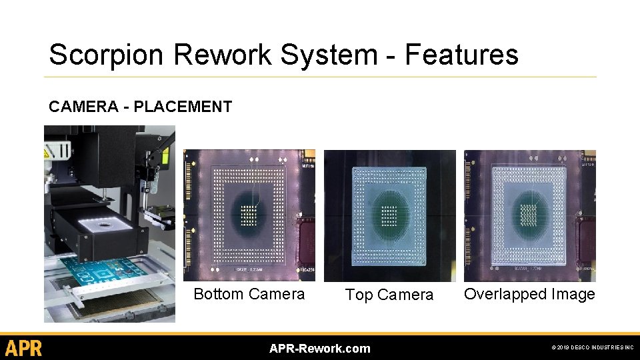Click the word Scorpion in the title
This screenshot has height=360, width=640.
pyautogui.click(x=95, y=55)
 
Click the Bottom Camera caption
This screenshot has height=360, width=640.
pyautogui.click(x=249, y=294)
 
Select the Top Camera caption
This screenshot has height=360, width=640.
pyautogui.click(x=389, y=295)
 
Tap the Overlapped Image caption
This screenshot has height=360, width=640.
pyautogui.click(x=529, y=294)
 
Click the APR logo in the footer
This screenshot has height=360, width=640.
pyautogui.click(x=24, y=348)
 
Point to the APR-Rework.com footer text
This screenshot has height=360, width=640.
pyautogui.click(x=319, y=348)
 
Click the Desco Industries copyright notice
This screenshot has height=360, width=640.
pyautogui.click(x=593, y=348)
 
